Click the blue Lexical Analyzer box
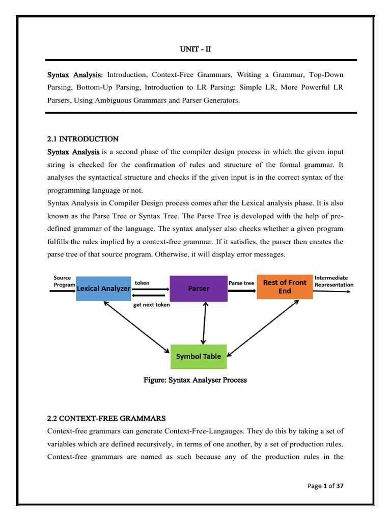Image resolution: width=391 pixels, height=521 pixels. coord(103,288)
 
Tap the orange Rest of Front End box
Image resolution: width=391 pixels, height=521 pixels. coord(284,286)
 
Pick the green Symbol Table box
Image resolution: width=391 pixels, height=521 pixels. coord(198,356)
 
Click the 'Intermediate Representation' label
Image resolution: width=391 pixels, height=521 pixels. coord(333,281)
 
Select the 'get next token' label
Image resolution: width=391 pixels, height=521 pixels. coord(152,305)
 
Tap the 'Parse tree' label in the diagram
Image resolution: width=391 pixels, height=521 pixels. coord(241,283)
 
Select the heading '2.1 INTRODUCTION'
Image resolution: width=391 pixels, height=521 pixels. coord(82,139)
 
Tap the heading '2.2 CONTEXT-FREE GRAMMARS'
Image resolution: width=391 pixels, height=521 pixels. coord(106,418)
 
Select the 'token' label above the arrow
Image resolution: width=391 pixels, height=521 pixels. coord(142,282)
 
